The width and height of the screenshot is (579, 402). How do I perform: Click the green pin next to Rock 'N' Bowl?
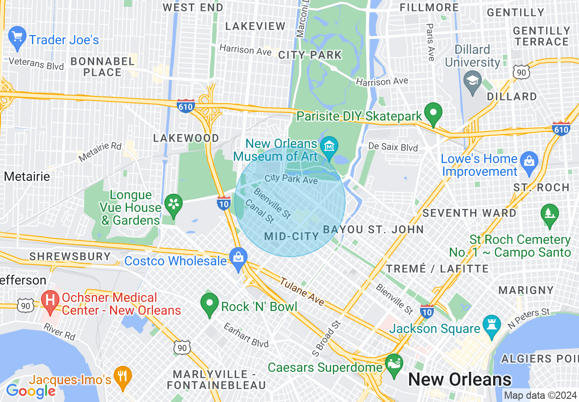tap(210, 304)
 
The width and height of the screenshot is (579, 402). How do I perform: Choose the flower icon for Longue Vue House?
tap(174, 204)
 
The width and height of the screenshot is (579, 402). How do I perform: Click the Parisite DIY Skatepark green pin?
tap(433, 113)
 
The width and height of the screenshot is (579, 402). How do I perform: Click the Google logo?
tap(31, 391)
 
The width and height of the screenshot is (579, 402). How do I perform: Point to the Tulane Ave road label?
tap(302, 292)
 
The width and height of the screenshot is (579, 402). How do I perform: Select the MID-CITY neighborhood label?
tap(291, 236)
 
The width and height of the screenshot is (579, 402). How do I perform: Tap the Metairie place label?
tap(27, 176)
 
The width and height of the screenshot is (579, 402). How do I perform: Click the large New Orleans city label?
tap(459, 380)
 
